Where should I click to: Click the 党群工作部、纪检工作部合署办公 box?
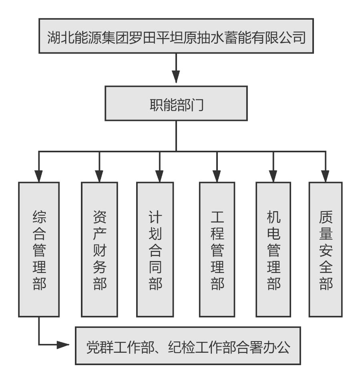pos(188,346)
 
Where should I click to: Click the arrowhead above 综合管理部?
pos(39,175)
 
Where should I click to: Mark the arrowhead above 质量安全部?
pos(326,175)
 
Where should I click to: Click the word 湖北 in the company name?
pos(60,37)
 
